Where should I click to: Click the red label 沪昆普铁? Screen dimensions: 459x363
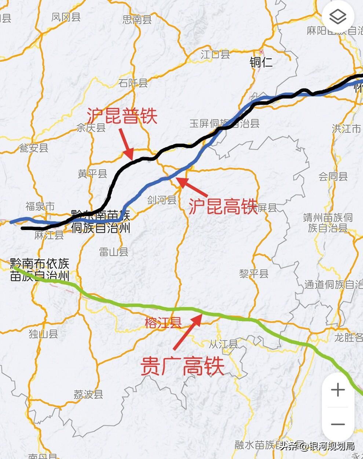[x=122, y=116]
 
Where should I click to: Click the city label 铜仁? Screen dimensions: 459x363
[x=261, y=62]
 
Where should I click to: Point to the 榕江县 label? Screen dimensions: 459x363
[x=163, y=323]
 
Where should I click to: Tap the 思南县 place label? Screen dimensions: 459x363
[x=137, y=19]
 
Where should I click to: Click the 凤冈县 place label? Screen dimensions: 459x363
[x=66, y=17]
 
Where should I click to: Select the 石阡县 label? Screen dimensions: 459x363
[x=133, y=83]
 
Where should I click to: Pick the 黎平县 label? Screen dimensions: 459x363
[x=254, y=273]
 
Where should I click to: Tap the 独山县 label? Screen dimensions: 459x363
[x=43, y=334]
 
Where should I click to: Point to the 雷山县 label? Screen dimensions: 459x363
[x=114, y=252]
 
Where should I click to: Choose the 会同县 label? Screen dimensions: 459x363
[x=333, y=176]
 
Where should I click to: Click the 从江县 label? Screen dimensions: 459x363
[x=223, y=344]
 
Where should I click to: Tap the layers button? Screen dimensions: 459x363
[x=338, y=16]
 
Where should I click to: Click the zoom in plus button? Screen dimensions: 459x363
[x=338, y=390]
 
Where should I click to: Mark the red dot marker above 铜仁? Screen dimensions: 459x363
[x=261, y=52]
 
